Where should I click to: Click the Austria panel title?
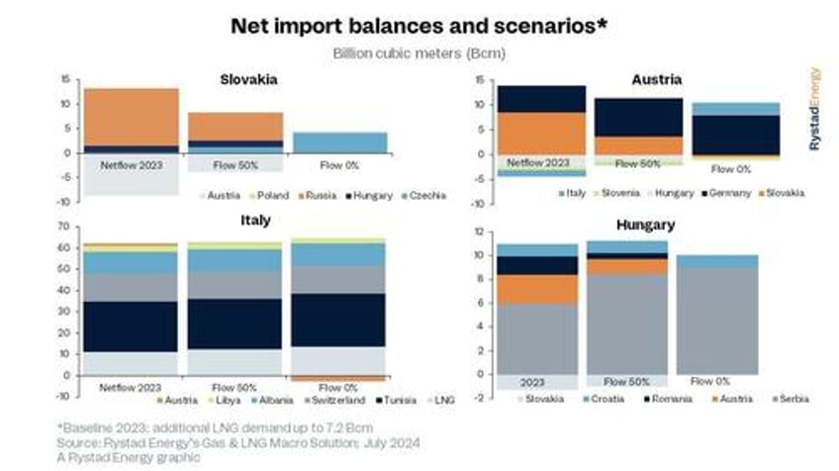[x=655, y=79]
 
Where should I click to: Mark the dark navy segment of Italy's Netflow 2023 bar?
[x=131, y=327]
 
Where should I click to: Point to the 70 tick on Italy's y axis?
[x=65, y=227]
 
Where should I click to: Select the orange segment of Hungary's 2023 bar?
[x=536, y=289]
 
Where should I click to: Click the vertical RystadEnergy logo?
[x=814, y=109]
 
